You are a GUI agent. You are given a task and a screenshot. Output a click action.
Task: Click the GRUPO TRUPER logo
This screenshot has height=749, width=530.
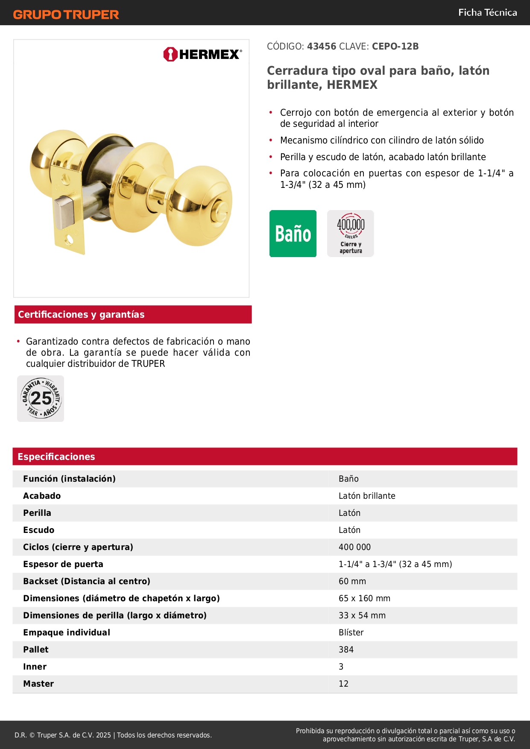66,15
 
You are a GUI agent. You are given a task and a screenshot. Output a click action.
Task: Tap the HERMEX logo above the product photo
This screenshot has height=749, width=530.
202,54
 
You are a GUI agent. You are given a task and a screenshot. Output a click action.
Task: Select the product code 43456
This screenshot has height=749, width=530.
322,47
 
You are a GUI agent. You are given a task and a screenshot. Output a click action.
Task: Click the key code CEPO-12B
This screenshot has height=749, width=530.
395,47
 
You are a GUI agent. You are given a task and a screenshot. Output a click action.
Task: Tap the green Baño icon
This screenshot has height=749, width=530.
293,234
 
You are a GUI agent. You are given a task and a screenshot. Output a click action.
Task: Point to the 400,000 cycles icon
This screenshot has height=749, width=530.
351,234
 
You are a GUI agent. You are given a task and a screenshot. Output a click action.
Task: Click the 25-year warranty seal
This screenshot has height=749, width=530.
41,399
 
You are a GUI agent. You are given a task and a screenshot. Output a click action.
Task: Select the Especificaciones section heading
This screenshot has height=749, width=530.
56,456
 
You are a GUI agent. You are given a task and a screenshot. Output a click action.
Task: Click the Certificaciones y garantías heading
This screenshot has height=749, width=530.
81,315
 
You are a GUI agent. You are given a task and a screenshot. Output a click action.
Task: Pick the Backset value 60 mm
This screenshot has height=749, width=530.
352,581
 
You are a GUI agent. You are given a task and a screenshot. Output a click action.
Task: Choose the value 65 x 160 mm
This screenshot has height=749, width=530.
364,598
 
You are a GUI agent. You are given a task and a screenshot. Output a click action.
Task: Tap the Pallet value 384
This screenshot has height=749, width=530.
346,650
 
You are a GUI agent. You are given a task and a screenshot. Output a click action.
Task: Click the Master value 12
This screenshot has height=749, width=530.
343,684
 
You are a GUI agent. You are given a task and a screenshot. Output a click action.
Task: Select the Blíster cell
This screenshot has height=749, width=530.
351,632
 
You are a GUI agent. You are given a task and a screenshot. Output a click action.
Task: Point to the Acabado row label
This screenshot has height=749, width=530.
42,496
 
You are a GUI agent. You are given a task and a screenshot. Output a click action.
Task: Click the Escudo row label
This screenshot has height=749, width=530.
39,530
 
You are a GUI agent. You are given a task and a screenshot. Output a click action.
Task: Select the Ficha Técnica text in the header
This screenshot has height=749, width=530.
487,13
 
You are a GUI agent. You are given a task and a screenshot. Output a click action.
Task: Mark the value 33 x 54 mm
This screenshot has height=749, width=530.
362,615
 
